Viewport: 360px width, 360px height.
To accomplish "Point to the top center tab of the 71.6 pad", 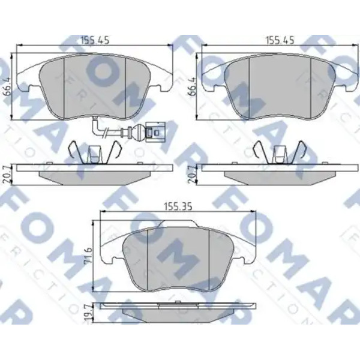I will (x=178, y=226).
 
